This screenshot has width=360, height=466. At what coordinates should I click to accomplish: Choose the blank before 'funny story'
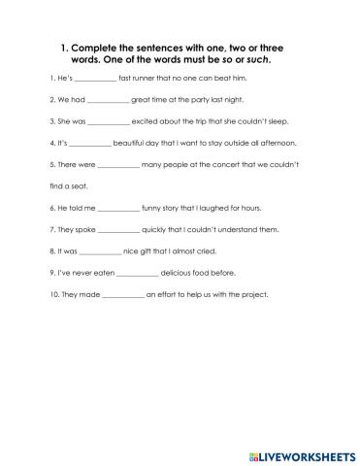[x=118, y=208]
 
